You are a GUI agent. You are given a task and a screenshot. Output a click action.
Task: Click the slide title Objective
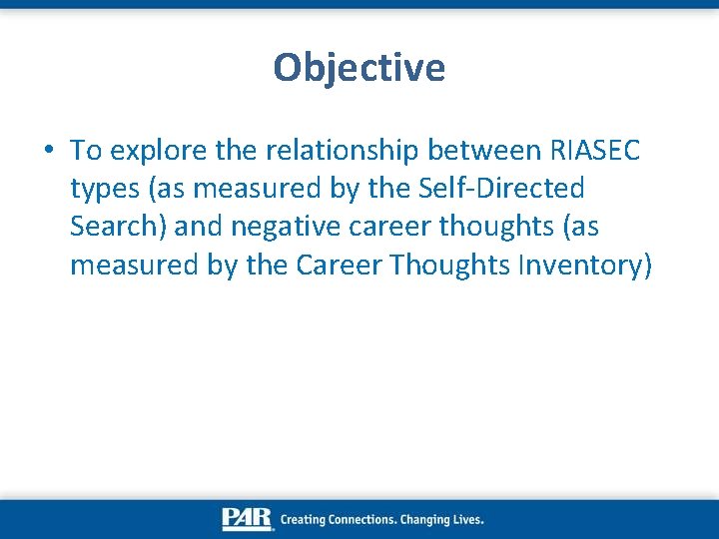[x=359, y=68]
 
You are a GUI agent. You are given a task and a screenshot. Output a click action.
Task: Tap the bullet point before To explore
[x=48, y=151]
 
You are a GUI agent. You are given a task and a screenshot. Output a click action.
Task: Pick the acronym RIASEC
[x=595, y=150]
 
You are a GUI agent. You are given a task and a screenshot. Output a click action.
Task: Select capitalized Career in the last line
[x=337, y=265]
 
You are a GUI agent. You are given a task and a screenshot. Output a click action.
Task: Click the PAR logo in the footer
[x=248, y=519]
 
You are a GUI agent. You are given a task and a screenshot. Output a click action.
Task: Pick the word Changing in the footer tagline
[x=426, y=519]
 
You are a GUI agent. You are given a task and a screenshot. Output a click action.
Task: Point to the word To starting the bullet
[x=86, y=150]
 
